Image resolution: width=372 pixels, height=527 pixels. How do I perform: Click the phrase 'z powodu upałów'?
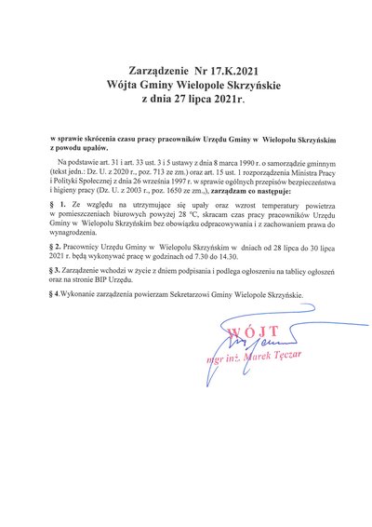[x=82, y=147]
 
